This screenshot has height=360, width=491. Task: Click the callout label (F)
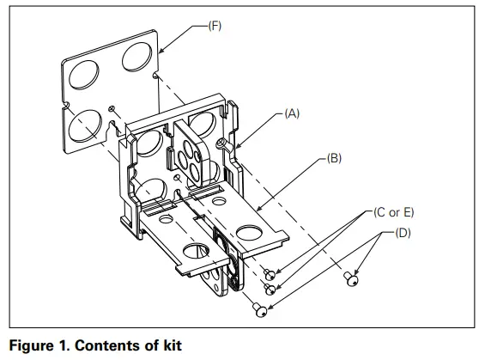pos(214,26)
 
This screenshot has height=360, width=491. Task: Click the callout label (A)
pos(291,113)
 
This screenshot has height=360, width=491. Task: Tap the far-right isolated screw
pos(349,277)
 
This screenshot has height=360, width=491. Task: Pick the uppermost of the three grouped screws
pos(268,275)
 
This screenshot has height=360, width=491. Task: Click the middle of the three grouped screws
pos(270,289)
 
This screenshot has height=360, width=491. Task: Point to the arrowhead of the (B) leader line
pos(258,207)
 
